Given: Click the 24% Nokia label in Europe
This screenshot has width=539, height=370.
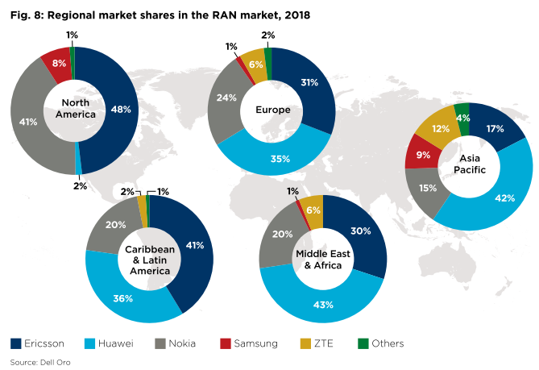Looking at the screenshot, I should pos(227,98).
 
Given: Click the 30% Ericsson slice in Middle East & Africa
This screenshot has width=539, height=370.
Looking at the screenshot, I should pos(360,232).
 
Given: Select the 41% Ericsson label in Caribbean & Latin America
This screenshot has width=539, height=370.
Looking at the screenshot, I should pos(193,245).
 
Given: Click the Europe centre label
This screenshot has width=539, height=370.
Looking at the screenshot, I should pos(272,110).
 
